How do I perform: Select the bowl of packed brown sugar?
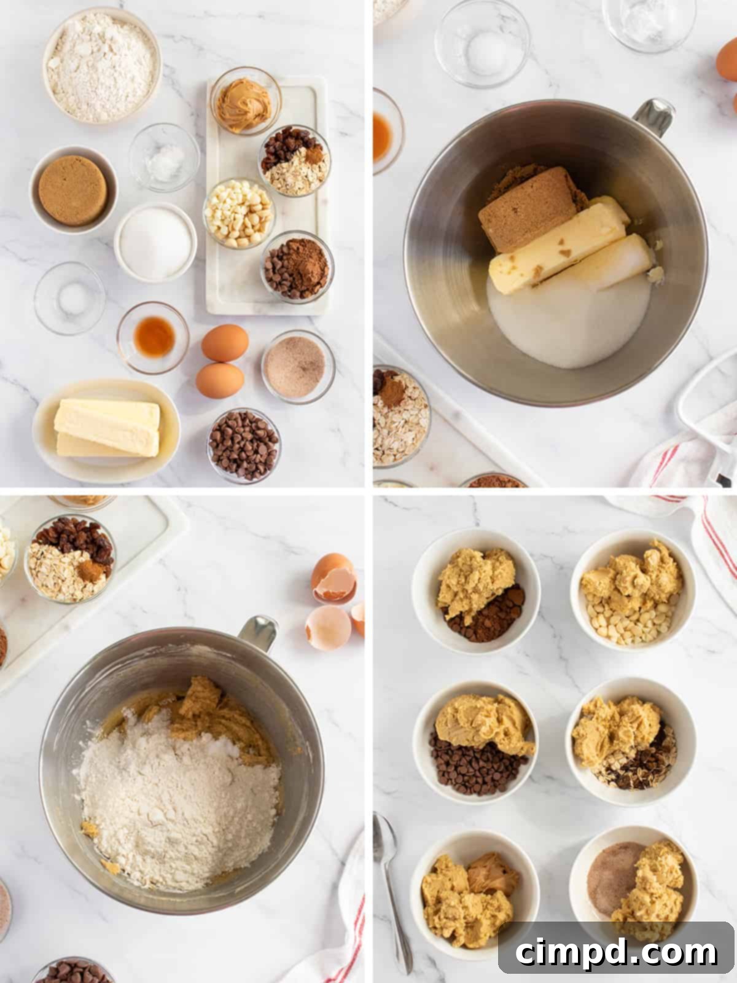[72, 189]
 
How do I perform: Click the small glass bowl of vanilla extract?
[153, 337]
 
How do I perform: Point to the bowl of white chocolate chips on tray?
[239, 213]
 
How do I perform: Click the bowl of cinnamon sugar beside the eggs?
[298, 367]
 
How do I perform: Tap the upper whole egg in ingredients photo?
[225, 343]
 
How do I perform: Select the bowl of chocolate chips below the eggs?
[244, 444]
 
